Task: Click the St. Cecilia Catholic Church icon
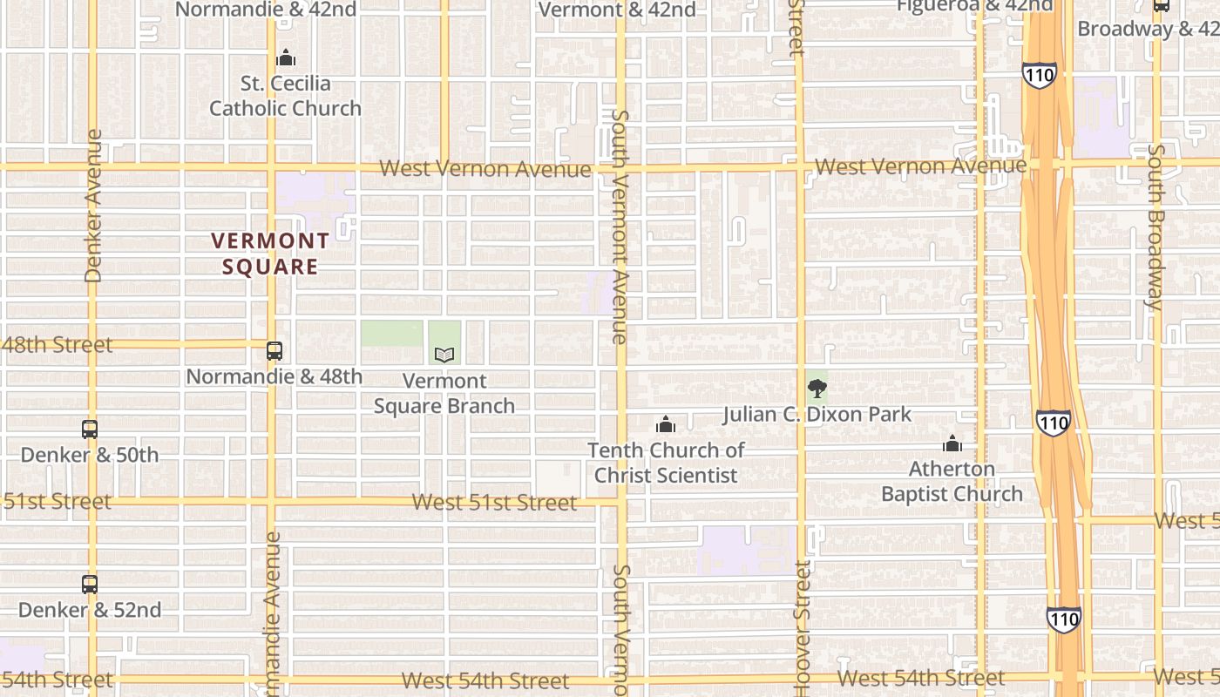tap(286, 58)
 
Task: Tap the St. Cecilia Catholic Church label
tap(285, 96)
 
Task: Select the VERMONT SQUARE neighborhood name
tap(271, 254)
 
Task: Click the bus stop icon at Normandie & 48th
tap(274, 351)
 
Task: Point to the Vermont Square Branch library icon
tap(444, 355)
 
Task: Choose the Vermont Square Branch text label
tap(444, 393)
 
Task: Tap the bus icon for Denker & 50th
tap(90, 429)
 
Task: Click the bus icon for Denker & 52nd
tap(90, 584)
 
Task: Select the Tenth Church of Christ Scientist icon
tap(666, 424)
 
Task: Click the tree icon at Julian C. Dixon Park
tap(817, 389)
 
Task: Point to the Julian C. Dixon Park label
tap(817, 414)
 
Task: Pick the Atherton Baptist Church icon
tap(952, 443)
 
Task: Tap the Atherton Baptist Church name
tap(952, 481)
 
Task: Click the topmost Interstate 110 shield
tap(1040, 75)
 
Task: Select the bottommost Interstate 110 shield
tap(1064, 619)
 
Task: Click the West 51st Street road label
tap(494, 503)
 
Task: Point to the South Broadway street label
tap(1156, 227)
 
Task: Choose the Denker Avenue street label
tap(93, 206)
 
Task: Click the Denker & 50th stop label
tap(90, 455)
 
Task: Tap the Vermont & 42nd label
tap(618, 10)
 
